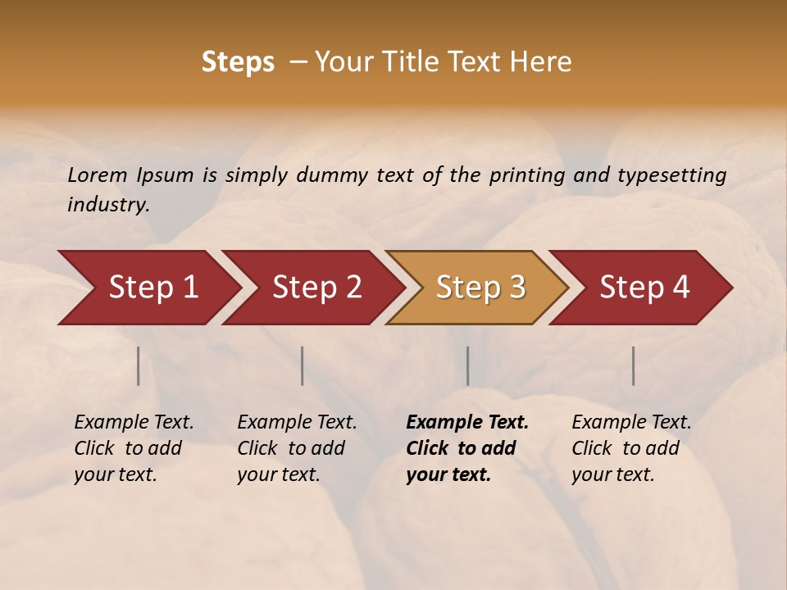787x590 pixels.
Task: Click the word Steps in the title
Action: click(238, 62)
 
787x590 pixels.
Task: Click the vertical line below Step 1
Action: click(139, 365)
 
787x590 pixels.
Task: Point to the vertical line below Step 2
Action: click(303, 365)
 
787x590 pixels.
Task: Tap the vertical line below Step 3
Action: click(468, 365)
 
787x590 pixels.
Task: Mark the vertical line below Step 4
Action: click(634, 365)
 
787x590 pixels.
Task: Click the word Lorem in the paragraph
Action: click(98, 175)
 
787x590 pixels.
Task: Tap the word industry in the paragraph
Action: click(108, 204)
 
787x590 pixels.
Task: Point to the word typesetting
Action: click(671, 175)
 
